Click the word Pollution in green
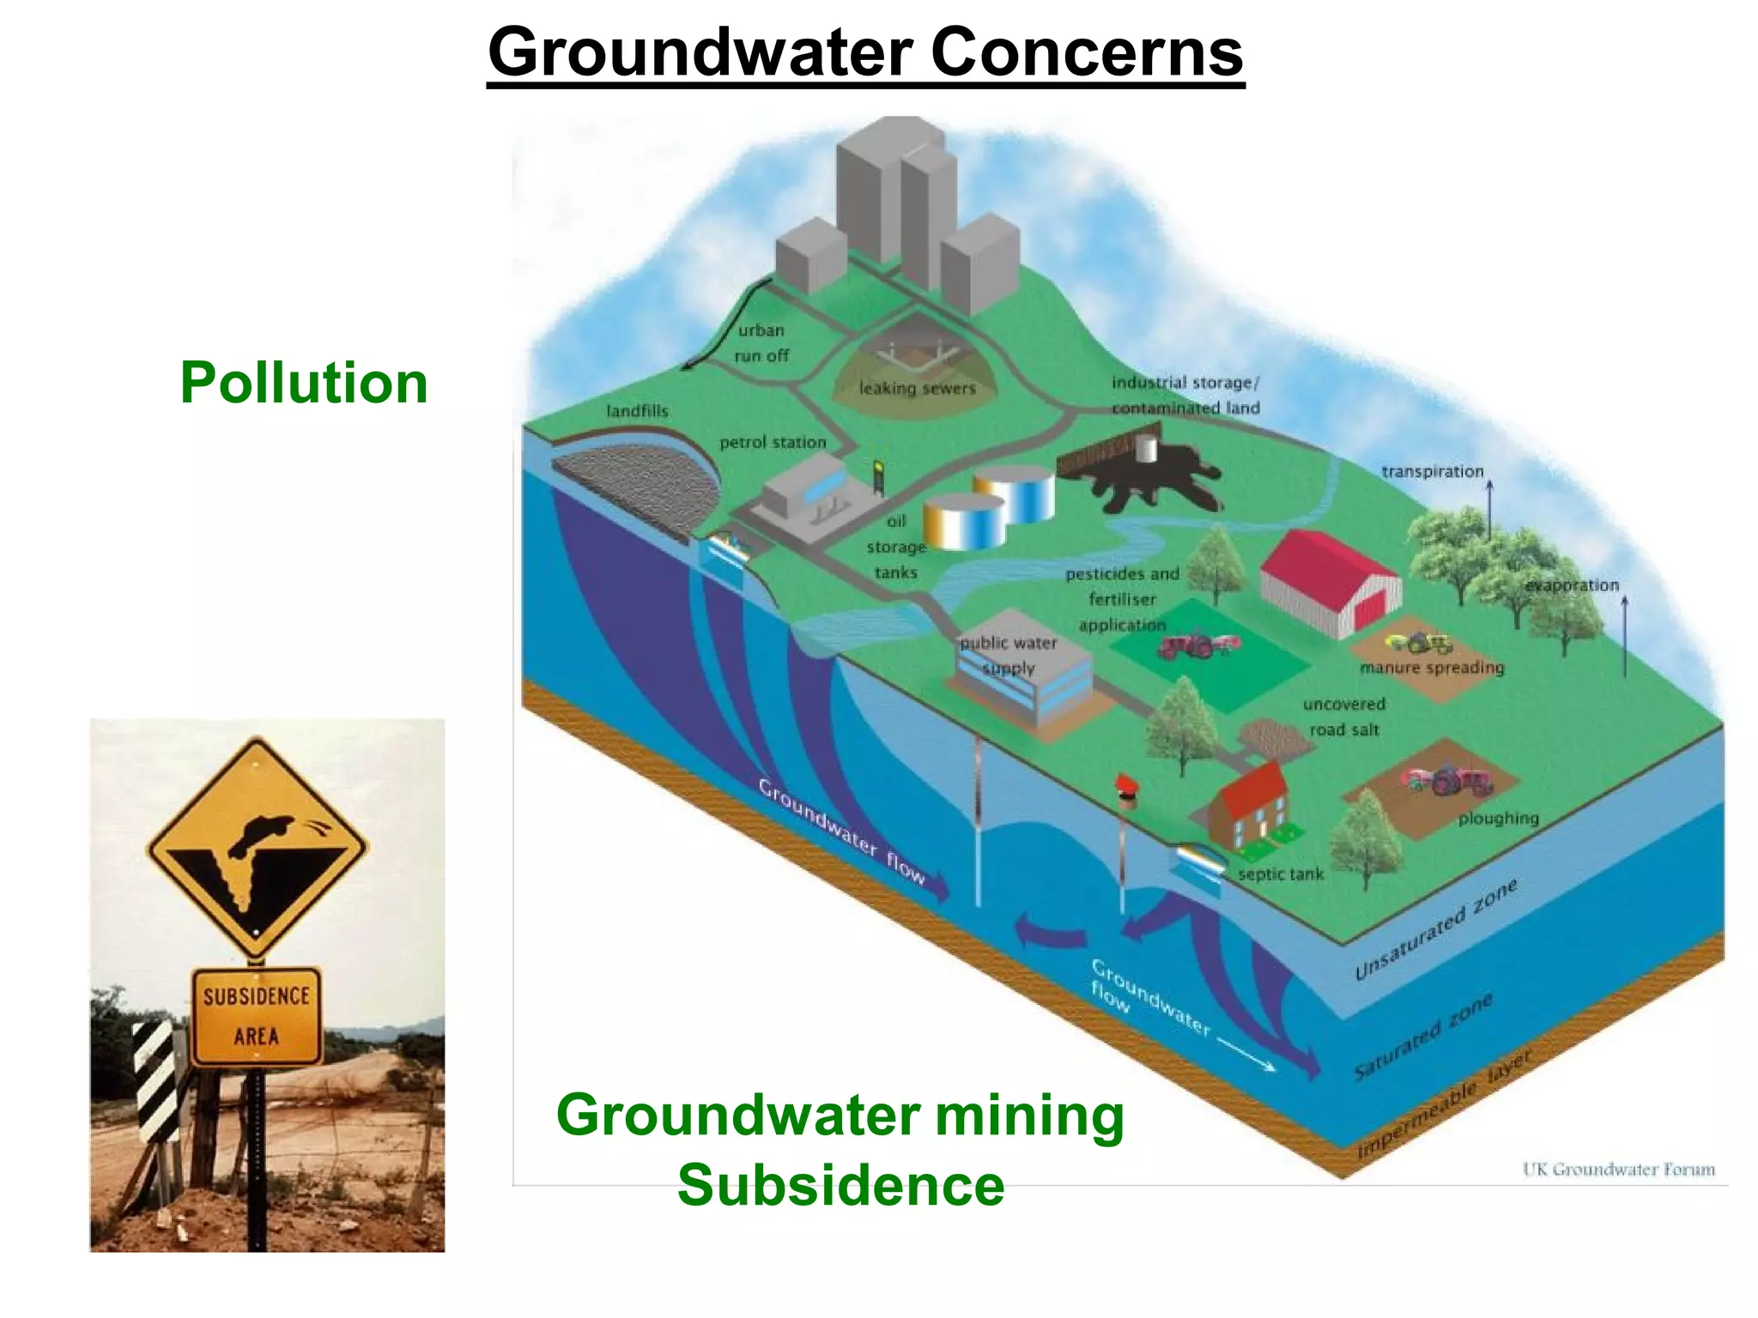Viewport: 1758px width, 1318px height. pyautogui.click(x=304, y=383)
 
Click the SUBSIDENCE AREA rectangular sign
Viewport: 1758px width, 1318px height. pyautogui.click(x=257, y=1016)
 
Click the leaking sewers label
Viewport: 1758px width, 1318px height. pyautogui.click(x=917, y=389)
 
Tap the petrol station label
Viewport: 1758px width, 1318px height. pyautogui.click(x=773, y=443)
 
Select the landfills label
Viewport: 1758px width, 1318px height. pyautogui.click(x=637, y=411)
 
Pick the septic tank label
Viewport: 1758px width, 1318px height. pyautogui.click(x=1281, y=874)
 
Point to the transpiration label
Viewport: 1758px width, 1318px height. pyautogui.click(x=1432, y=472)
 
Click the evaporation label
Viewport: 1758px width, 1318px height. pyautogui.click(x=1572, y=585)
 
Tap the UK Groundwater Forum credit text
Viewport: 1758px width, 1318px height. pyautogui.click(x=1618, y=1170)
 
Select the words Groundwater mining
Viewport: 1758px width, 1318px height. pyautogui.click(x=840, y=1115)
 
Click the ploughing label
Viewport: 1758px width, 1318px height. pyautogui.click(x=1498, y=819)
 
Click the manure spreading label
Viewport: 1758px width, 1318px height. pyautogui.click(x=1432, y=668)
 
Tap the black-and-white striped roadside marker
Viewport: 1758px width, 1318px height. pyautogui.click(x=155, y=1081)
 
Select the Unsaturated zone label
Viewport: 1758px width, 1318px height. pyautogui.click(x=1435, y=929)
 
